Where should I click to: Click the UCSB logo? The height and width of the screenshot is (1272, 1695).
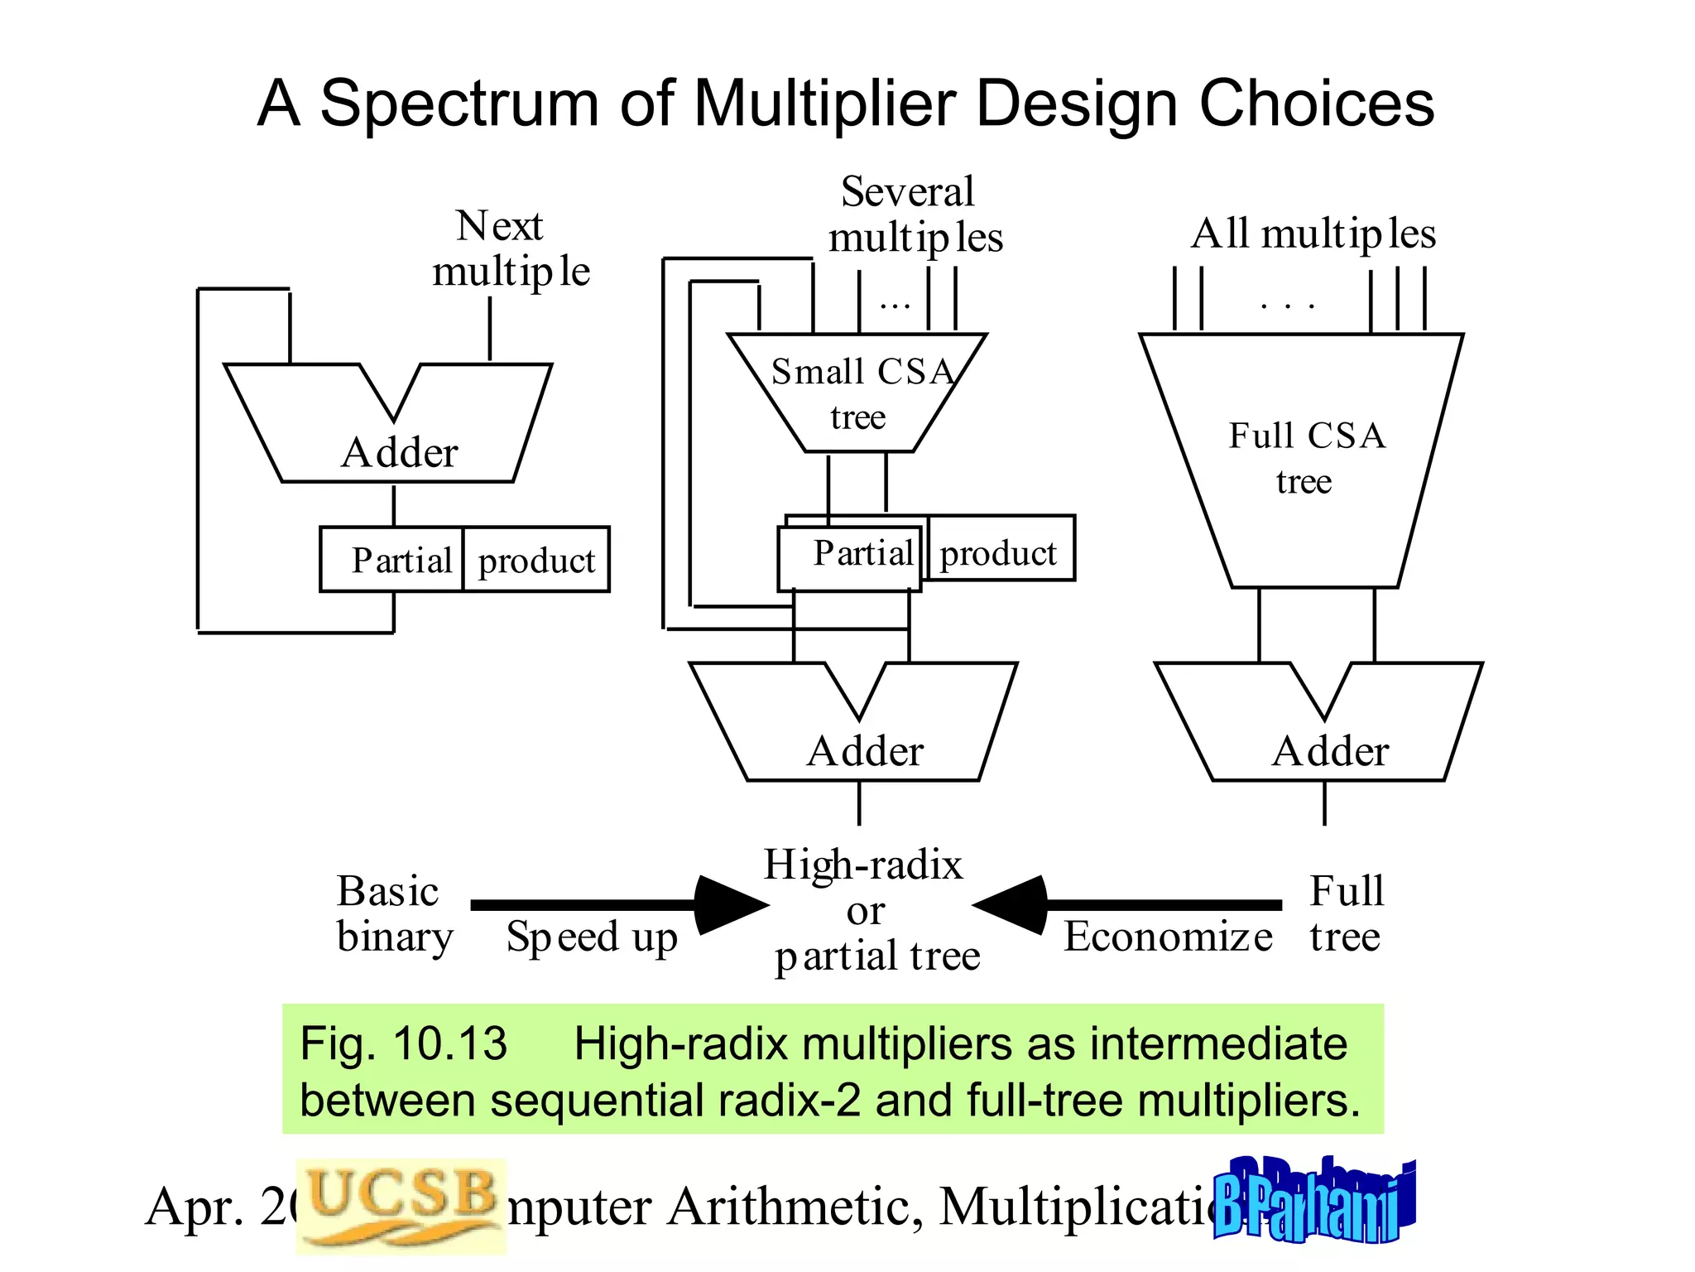401,1205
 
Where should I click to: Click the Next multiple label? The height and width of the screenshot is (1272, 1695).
509,248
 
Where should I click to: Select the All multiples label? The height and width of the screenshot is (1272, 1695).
1313,234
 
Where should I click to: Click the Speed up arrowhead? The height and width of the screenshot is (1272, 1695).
728,905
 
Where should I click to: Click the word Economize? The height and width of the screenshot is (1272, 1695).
1167,937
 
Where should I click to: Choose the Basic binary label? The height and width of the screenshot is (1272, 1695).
394,914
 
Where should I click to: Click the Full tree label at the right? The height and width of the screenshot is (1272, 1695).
1346,914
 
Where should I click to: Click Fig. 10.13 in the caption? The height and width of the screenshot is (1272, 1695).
403,1043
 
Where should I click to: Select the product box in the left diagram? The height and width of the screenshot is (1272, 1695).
536,561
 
